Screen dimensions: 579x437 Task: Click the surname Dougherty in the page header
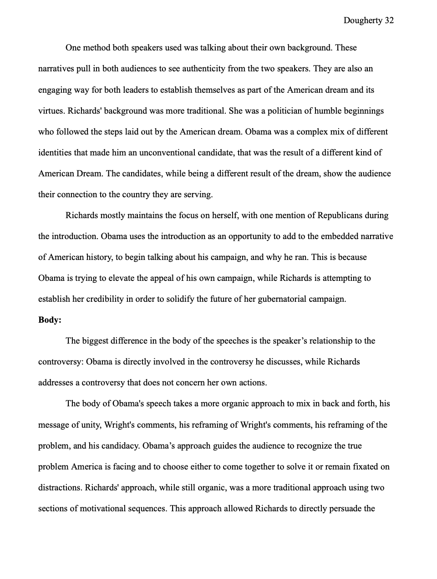pyautogui.click(x=362, y=20)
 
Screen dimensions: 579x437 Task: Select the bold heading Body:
pyautogui.click(x=50, y=320)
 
